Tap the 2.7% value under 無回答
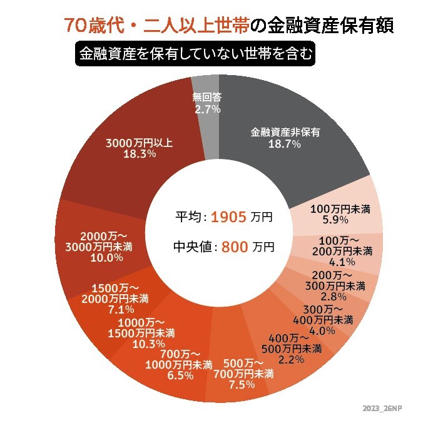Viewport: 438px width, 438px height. pos(207,109)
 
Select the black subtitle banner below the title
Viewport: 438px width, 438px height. pos(194,54)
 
